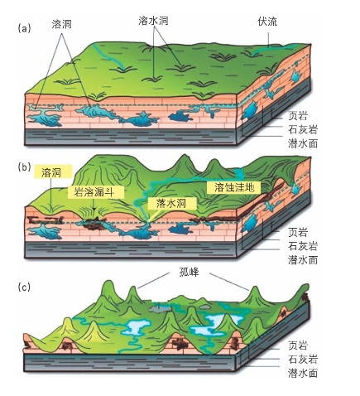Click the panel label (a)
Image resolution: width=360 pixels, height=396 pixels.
24,28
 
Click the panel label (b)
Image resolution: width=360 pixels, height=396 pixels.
24,167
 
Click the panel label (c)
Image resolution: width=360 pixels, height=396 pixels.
24,287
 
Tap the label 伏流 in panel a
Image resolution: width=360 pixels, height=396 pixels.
267,22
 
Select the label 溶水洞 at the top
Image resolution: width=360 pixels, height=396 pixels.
153,21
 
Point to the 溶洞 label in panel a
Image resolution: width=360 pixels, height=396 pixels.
62,24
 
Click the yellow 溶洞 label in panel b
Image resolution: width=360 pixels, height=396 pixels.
51,173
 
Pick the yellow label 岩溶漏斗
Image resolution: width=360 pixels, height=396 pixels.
94,191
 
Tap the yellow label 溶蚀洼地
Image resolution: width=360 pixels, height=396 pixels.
234,187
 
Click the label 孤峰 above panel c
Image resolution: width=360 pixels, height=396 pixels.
189,273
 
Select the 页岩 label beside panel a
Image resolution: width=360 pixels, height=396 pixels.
298,116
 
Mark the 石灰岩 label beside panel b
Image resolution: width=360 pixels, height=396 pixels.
303,246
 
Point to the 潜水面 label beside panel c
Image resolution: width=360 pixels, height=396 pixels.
303,373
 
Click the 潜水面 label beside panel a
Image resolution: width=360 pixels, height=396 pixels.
303,143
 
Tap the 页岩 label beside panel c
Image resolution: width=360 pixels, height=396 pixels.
298,345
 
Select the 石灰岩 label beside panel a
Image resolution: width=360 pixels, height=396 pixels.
303,129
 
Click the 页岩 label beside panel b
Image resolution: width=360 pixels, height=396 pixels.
298,232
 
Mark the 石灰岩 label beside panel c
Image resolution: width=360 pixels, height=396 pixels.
303,360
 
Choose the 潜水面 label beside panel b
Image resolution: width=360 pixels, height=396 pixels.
303,260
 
